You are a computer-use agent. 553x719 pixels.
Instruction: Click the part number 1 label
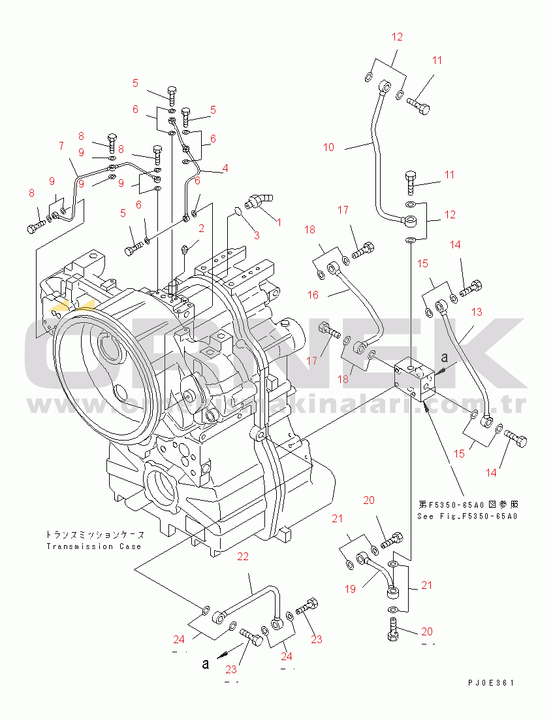coord(279,222)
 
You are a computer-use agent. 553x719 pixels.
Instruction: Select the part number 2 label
coord(201,228)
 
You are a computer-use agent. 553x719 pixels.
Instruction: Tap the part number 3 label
coord(257,235)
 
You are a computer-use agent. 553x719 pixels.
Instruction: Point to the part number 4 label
coord(225,168)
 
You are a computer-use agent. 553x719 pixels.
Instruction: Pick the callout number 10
coord(328,148)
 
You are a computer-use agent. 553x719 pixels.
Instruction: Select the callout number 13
coord(477,312)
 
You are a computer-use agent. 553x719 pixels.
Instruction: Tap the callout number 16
coord(313,295)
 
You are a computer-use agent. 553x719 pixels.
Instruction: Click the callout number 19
coord(350,589)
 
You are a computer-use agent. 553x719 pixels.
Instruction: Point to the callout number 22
coord(243,557)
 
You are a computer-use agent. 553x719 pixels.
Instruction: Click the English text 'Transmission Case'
coord(93,546)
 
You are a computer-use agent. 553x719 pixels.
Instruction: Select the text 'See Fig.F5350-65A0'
coord(467,516)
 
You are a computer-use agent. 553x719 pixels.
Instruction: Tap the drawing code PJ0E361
coord(491,683)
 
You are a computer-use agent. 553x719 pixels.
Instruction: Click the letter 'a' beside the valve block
coord(445,358)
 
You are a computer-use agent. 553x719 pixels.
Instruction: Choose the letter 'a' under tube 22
coord(206,665)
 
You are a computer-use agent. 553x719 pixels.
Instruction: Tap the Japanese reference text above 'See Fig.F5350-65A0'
coord(467,505)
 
